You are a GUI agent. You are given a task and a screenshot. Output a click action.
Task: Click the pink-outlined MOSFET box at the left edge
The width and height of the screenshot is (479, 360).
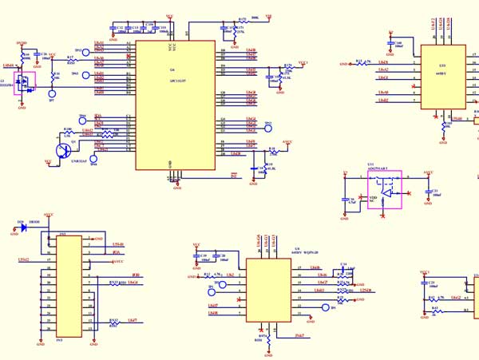click(26, 82)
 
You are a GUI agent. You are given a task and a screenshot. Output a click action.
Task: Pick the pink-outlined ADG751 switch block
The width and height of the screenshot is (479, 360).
click(385, 190)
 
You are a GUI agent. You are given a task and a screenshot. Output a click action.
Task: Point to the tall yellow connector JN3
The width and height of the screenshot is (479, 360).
click(69, 286)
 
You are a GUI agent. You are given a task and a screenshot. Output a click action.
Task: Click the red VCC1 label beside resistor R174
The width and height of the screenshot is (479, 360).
click(303, 62)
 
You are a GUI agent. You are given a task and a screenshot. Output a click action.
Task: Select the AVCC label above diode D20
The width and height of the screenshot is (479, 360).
click(49, 215)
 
